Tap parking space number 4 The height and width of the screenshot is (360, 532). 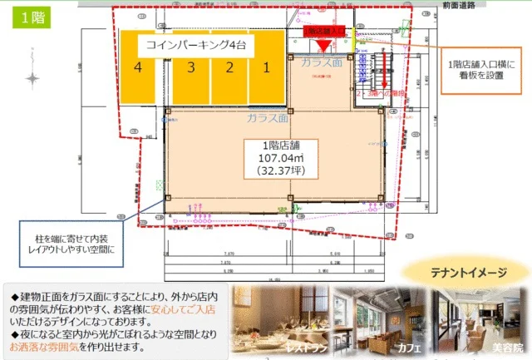pyautogui.click(x=138, y=67)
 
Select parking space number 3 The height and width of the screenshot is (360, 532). pyautogui.click(x=190, y=67)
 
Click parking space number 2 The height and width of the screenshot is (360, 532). pyautogui.click(x=228, y=67)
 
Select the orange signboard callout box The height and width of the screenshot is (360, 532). pyautogui.click(x=481, y=72)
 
